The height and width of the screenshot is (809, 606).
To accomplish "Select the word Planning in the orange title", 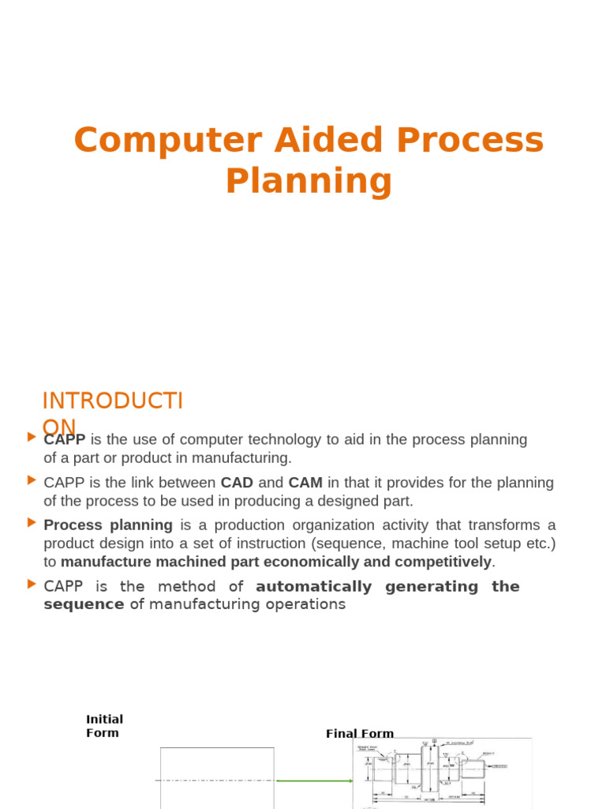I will coord(309,181).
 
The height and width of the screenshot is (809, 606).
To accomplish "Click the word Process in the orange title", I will coord(470,141).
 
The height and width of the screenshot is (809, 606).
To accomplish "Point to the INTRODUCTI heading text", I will coord(112,401).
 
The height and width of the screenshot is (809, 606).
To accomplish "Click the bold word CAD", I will coord(237,483).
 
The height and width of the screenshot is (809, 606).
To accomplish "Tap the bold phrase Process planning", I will coord(108,525).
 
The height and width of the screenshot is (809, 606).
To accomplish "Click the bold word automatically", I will coord(313,586).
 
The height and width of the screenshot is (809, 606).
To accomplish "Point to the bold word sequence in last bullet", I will coord(84,604).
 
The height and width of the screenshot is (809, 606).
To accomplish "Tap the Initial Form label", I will coord(103,726).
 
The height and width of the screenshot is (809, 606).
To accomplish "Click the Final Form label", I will coord(360,734).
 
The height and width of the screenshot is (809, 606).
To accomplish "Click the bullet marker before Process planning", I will coord(32,522).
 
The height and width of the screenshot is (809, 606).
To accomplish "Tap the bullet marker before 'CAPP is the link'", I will coord(32,480).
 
